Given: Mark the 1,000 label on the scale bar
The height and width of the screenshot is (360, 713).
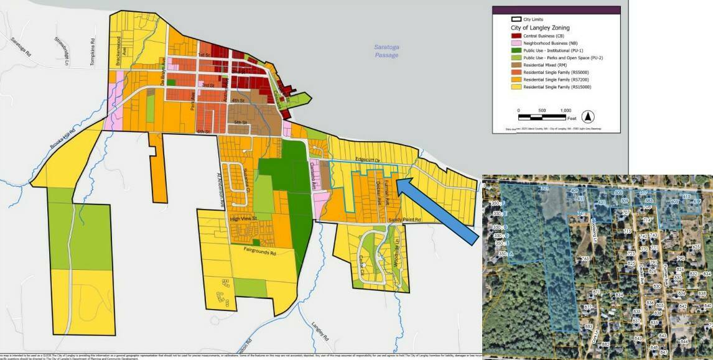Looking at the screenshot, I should (x=565, y=110).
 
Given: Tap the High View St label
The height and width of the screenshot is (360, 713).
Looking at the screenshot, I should (x=243, y=218).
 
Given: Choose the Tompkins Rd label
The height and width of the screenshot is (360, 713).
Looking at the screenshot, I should (x=91, y=50).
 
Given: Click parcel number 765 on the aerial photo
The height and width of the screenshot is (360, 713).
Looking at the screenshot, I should (x=584, y=259).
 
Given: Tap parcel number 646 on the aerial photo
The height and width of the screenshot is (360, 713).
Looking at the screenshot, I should (x=684, y=341).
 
